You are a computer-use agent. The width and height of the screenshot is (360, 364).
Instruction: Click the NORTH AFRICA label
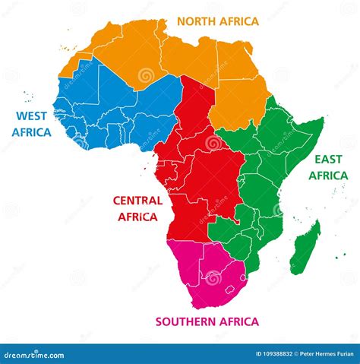[218, 21]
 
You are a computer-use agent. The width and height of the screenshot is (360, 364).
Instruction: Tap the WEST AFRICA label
[32, 124]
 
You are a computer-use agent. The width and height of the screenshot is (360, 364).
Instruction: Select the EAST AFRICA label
[327, 167]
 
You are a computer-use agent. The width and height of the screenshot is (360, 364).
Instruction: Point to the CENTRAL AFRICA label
[137, 208]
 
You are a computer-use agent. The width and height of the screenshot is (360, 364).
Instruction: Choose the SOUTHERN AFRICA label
[207, 321]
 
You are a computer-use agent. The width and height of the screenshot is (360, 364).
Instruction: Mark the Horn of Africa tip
[323, 121]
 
